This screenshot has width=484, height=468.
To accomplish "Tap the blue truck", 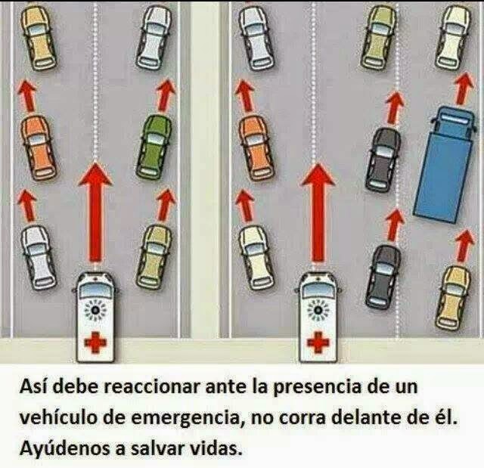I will click(438, 161).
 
